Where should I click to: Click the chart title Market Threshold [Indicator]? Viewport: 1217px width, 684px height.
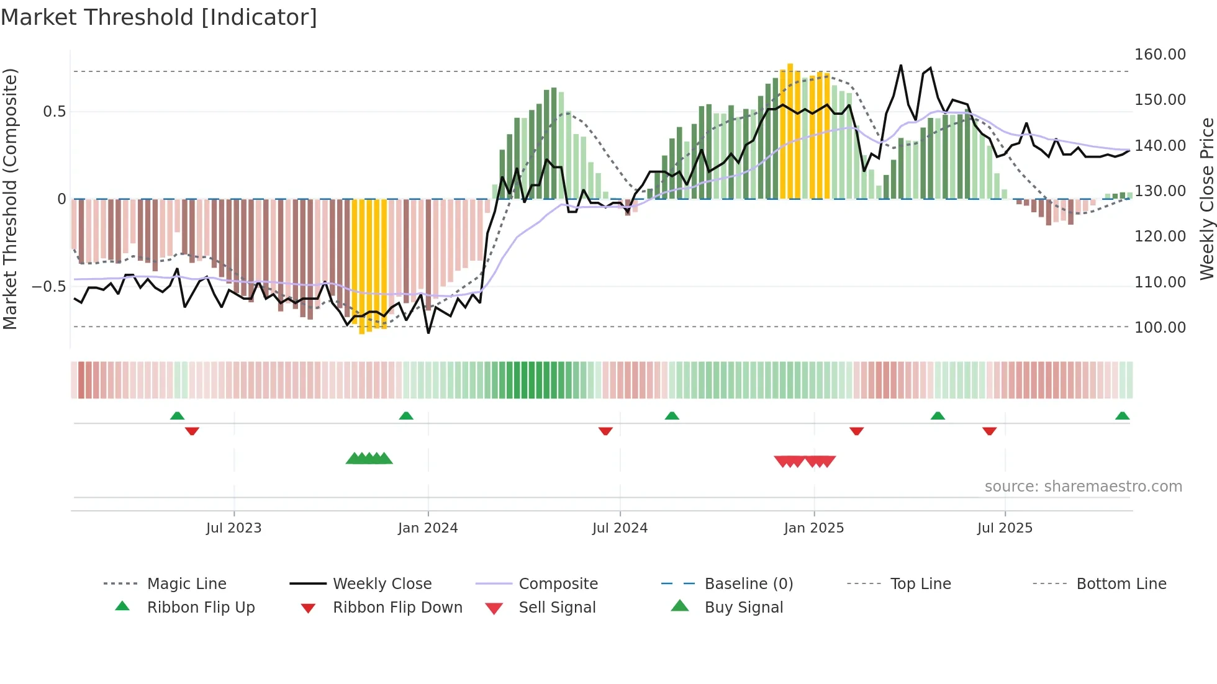(159, 17)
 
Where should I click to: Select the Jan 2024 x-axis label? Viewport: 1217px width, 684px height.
(428, 528)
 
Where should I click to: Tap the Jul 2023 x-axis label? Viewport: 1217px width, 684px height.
(233, 528)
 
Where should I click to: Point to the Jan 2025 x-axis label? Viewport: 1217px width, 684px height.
(813, 528)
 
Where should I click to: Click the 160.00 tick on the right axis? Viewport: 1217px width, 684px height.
(1160, 55)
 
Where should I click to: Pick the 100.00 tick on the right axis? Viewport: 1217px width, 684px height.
(1160, 328)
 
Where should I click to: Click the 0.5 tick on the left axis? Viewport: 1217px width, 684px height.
(54, 112)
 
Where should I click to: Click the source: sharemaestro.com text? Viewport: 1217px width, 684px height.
(1083, 487)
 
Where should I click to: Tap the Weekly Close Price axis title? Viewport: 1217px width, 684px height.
(1206, 199)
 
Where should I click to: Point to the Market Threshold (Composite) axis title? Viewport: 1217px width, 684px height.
(10, 199)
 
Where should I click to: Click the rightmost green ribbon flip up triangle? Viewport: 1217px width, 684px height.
(1122, 416)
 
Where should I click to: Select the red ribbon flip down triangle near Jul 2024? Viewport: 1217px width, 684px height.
(605, 431)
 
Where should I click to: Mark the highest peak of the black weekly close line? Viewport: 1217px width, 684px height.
(900, 66)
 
